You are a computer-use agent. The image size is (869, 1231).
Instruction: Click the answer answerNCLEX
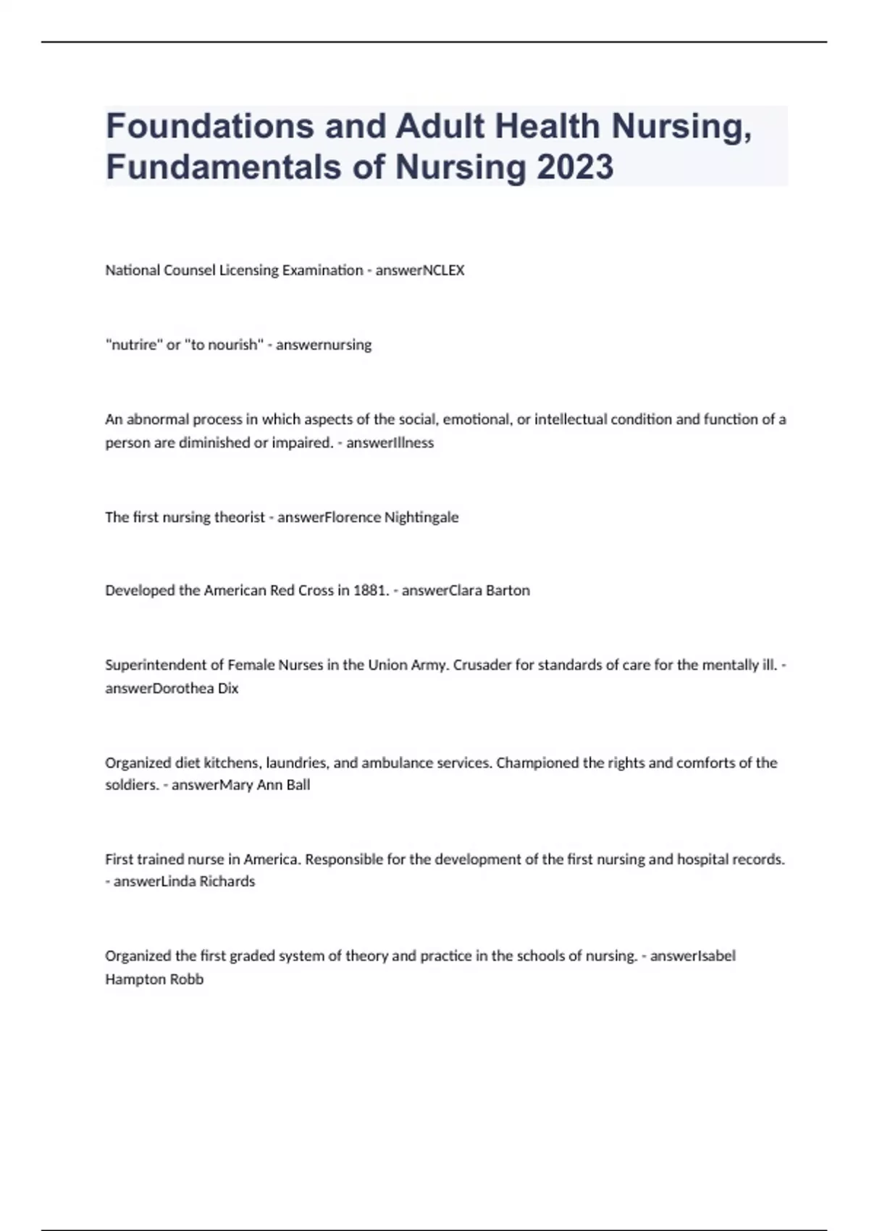click(x=420, y=270)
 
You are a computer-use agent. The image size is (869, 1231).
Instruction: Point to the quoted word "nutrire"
click(x=134, y=345)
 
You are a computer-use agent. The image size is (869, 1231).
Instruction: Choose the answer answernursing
click(x=324, y=345)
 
